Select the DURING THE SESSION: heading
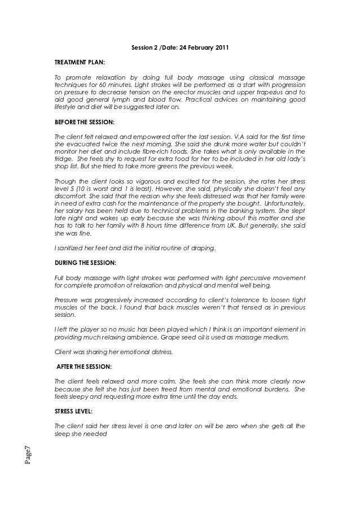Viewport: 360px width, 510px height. (x=85, y=263)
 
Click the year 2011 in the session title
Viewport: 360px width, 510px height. (x=221, y=47)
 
